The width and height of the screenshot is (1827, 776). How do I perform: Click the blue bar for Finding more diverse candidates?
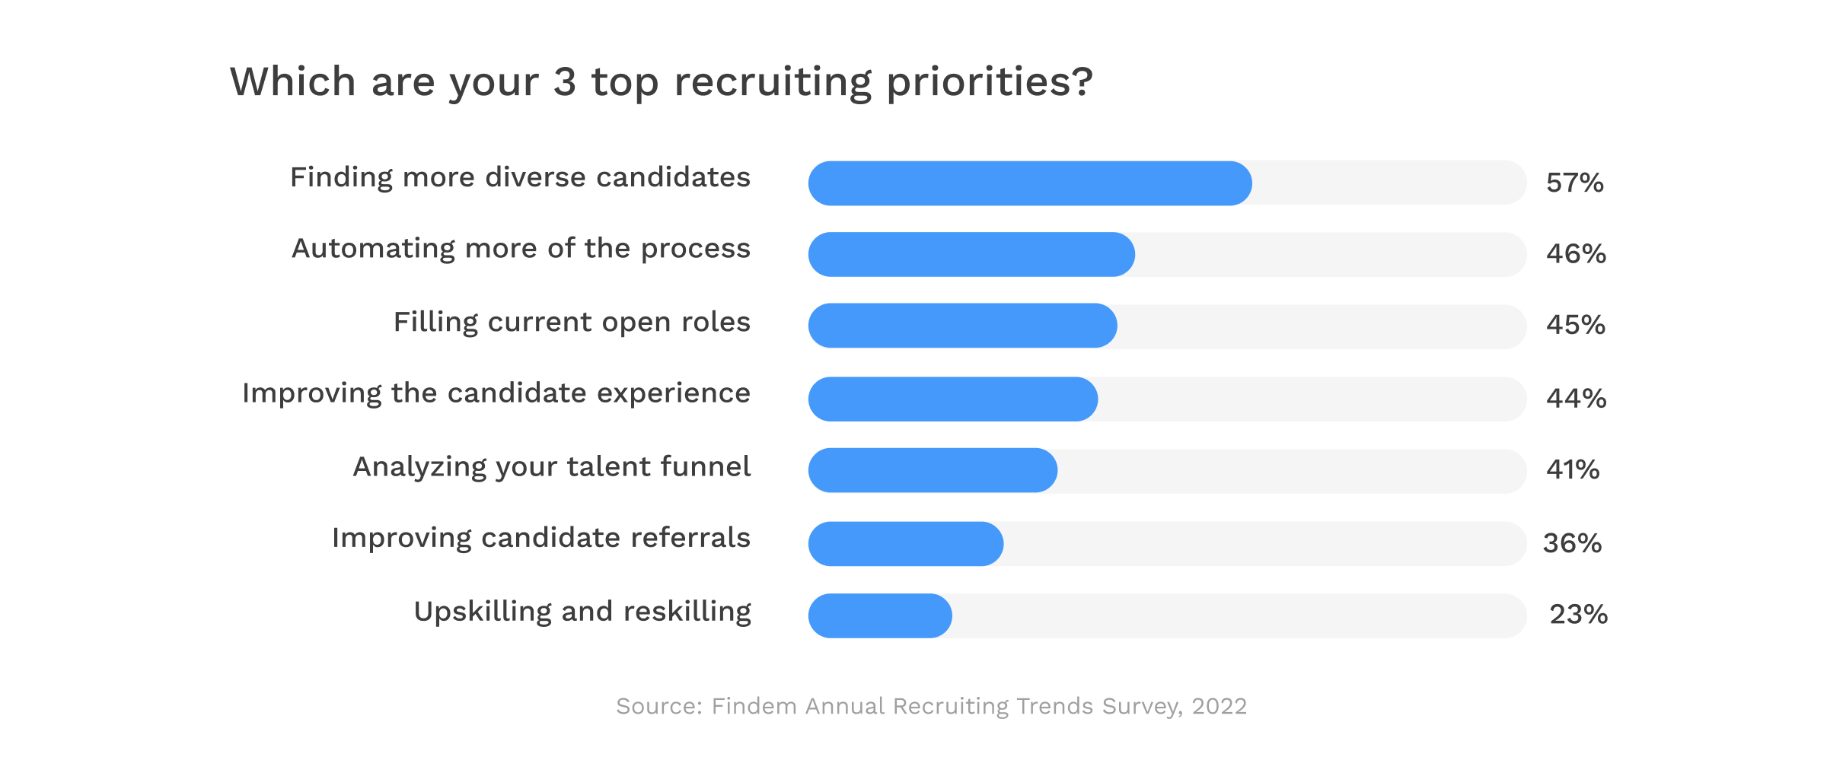(x=1029, y=183)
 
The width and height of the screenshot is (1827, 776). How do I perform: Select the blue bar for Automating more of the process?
(x=971, y=254)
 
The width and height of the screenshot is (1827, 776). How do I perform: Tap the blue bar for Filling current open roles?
(x=962, y=326)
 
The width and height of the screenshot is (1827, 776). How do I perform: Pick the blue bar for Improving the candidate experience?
(x=953, y=399)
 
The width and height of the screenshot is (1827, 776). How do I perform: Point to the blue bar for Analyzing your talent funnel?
(x=933, y=470)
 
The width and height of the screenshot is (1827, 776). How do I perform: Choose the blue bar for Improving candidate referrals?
(x=906, y=544)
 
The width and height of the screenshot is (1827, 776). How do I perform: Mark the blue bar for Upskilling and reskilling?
(x=880, y=615)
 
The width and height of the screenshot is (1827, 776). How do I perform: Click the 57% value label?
(x=1574, y=183)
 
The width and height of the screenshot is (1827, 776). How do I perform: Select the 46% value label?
(x=1576, y=254)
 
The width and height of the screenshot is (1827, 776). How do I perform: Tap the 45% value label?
(x=1576, y=326)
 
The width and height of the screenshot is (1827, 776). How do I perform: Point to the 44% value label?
(x=1576, y=399)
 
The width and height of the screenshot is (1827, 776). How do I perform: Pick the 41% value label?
(x=1573, y=470)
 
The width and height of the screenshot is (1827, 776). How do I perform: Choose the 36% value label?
(x=1572, y=544)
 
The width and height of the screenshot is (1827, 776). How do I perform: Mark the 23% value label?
(x=1578, y=615)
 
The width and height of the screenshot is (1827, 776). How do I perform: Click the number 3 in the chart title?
(x=564, y=82)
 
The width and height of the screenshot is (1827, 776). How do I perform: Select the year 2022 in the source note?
(x=1219, y=707)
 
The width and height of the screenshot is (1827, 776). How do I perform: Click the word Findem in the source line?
(x=754, y=707)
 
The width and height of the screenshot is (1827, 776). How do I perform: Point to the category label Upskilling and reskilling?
(x=582, y=612)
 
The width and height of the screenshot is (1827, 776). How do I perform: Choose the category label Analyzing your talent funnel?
(x=552, y=467)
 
